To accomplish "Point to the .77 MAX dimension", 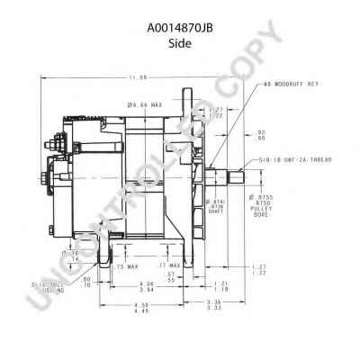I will pos(170,266).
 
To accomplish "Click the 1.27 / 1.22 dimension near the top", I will pos(216,112).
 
